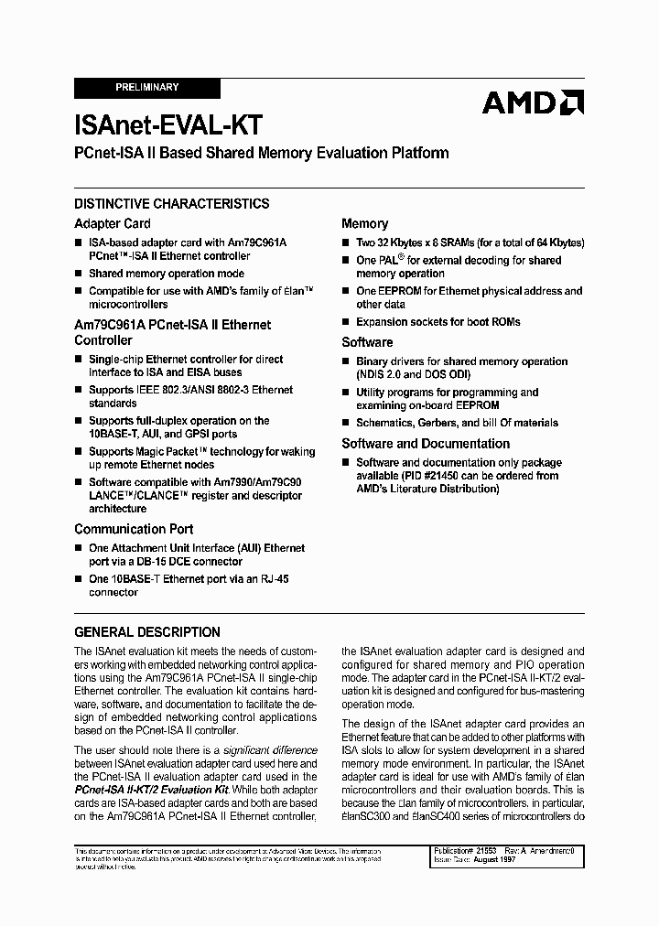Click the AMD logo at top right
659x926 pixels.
pos(533,102)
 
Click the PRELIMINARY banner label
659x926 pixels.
pos(147,88)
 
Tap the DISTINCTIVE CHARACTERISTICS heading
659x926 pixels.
pos(171,204)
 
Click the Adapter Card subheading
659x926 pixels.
pos(112,223)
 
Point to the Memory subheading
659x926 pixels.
pos(364,223)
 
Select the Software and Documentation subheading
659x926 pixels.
pos(426,444)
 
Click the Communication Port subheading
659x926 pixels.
pos(134,529)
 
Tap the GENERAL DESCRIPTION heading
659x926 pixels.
pos(146,632)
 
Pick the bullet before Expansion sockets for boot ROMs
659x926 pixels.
pos(345,322)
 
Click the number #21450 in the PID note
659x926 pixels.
pos(458,476)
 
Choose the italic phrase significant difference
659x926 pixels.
pos(265,750)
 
